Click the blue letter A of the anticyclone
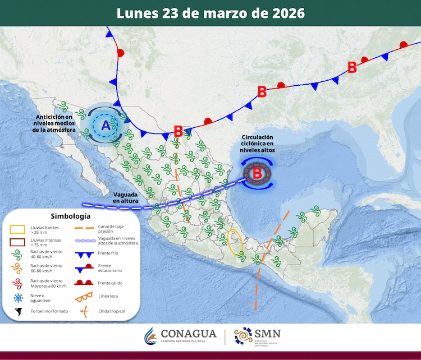(105, 126)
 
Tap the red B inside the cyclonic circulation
(257, 173)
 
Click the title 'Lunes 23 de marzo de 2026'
(210, 13)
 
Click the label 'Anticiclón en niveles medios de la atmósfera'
(54, 123)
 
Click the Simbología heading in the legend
(70, 215)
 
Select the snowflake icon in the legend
(18, 297)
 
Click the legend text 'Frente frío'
(109, 253)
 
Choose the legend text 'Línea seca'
(110, 297)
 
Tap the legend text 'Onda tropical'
(112, 311)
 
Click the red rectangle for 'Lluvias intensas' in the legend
(18, 243)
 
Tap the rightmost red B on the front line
(352, 67)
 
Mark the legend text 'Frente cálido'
(111, 283)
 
